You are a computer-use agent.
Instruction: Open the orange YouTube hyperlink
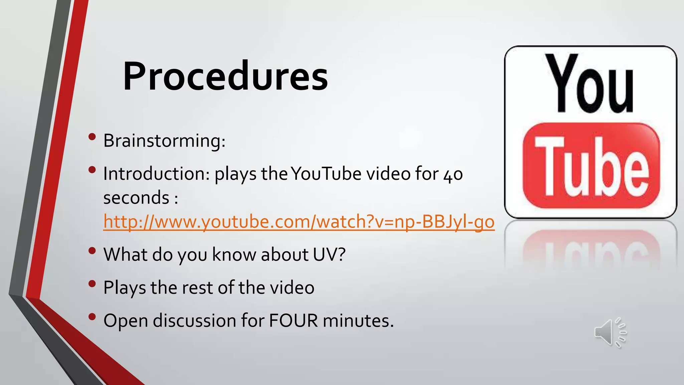tap(299, 222)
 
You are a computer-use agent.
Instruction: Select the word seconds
tap(136, 198)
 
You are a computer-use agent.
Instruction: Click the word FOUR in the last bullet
tap(294, 320)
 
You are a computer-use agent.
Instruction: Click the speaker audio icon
tap(610, 333)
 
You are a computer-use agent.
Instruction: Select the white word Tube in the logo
tap(591, 167)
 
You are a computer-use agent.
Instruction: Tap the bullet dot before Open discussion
tap(92, 316)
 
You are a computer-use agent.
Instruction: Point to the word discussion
tap(195, 320)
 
